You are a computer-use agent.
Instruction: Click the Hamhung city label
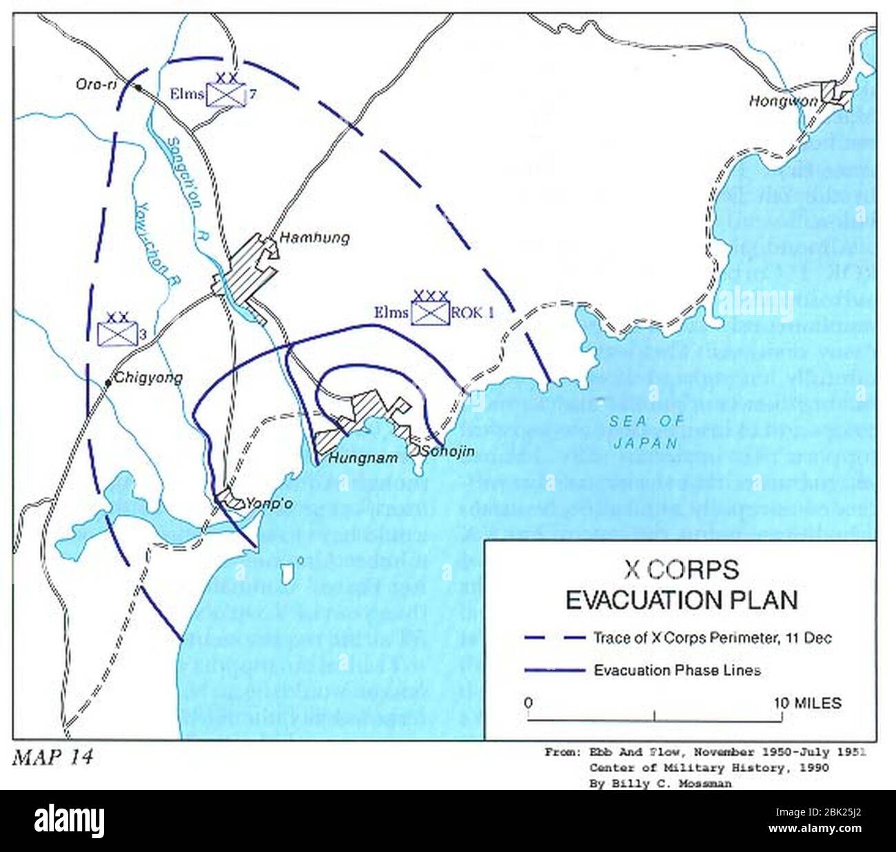tap(314, 238)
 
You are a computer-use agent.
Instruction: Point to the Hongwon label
tap(783, 101)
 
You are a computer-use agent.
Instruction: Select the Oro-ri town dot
tap(139, 88)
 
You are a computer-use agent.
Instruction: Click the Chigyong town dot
tap(108, 383)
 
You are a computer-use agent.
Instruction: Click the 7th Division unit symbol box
tap(227, 95)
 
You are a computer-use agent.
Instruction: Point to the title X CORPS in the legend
tap(680, 569)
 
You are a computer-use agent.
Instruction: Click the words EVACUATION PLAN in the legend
tap(681, 600)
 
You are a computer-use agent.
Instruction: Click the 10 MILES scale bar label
tap(807, 703)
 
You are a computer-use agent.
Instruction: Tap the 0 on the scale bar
tap(528, 703)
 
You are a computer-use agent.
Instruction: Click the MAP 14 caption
tap(52, 757)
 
